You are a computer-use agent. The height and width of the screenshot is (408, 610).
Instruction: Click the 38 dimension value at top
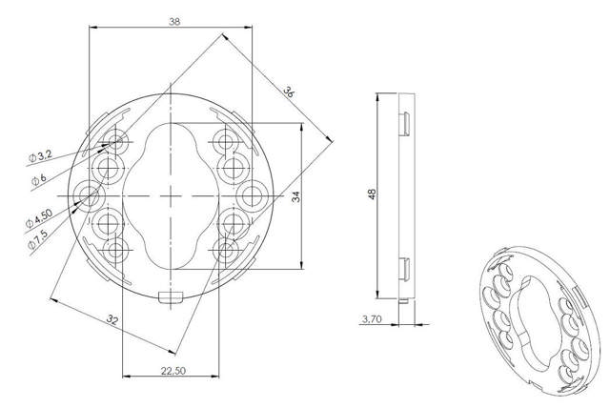click(x=174, y=21)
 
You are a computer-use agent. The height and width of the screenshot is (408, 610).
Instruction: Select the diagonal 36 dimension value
click(x=289, y=92)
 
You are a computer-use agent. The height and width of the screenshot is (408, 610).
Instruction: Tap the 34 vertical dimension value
click(x=296, y=196)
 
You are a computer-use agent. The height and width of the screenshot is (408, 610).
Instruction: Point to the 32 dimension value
click(x=112, y=319)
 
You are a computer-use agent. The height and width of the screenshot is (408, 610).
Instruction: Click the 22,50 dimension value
click(x=173, y=371)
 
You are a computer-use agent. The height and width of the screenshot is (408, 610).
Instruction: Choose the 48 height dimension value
click(x=372, y=194)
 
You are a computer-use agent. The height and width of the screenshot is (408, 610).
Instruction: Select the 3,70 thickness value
click(x=372, y=319)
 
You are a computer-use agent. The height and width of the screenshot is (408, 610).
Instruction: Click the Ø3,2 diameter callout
click(x=40, y=156)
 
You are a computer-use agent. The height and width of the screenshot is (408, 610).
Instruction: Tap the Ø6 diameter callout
click(x=38, y=179)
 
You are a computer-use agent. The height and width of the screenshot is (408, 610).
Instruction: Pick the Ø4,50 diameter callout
click(x=39, y=218)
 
